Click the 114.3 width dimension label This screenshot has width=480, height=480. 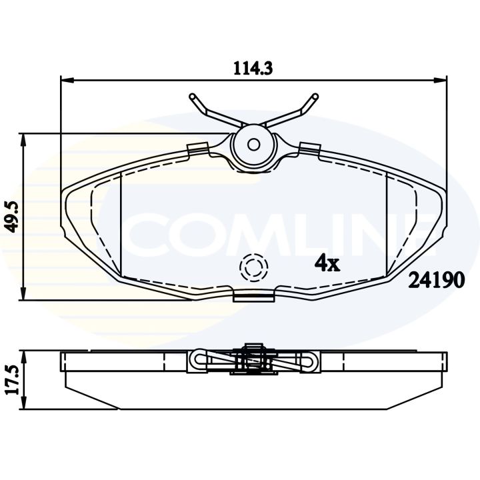pyautogui.click(x=253, y=68)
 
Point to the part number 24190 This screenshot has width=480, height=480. pyautogui.click(x=437, y=280)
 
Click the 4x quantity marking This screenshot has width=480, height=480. pyautogui.click(x=327, y=263)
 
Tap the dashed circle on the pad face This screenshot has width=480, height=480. pyautogui.click(x=254, y=267)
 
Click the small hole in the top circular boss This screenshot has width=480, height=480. pyautogui.click(x=253, y=145)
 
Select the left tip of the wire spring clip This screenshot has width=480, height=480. pyautogui.click(x=192, y=96)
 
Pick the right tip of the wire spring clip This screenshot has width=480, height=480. pyautogui.click(x=315, y=96)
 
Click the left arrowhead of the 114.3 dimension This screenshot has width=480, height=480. pyautogui.click(x=67, y=80)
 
